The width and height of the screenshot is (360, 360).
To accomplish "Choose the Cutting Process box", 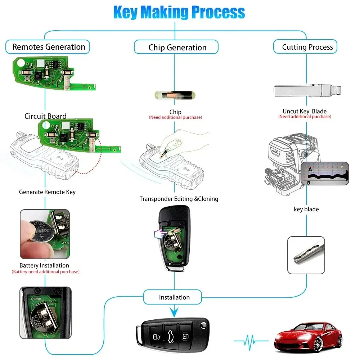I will point(307,47).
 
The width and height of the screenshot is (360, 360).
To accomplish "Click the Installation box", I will point(174,297).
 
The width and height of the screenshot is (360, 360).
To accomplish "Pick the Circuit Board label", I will point(45,116).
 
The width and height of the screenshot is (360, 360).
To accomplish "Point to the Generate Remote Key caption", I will point(47,192).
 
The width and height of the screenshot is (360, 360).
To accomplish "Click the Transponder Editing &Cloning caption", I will point(179,199).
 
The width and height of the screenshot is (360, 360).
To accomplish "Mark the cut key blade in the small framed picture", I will point(306,255).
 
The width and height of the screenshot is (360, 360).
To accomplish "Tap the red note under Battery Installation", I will point(45,272).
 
